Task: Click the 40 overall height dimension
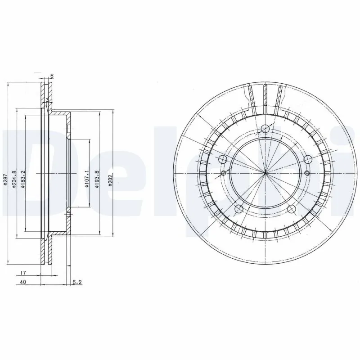point(22,282)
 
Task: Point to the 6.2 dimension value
point(77,283)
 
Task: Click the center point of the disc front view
point(265,173)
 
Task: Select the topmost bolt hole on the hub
point(265,130)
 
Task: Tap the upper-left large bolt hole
point(222,159)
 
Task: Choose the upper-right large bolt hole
point(308,159)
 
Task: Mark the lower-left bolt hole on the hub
point(239,208)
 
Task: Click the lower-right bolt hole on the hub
point(292,208)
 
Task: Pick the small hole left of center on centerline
point(224,173)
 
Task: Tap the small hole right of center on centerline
point(307,173)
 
